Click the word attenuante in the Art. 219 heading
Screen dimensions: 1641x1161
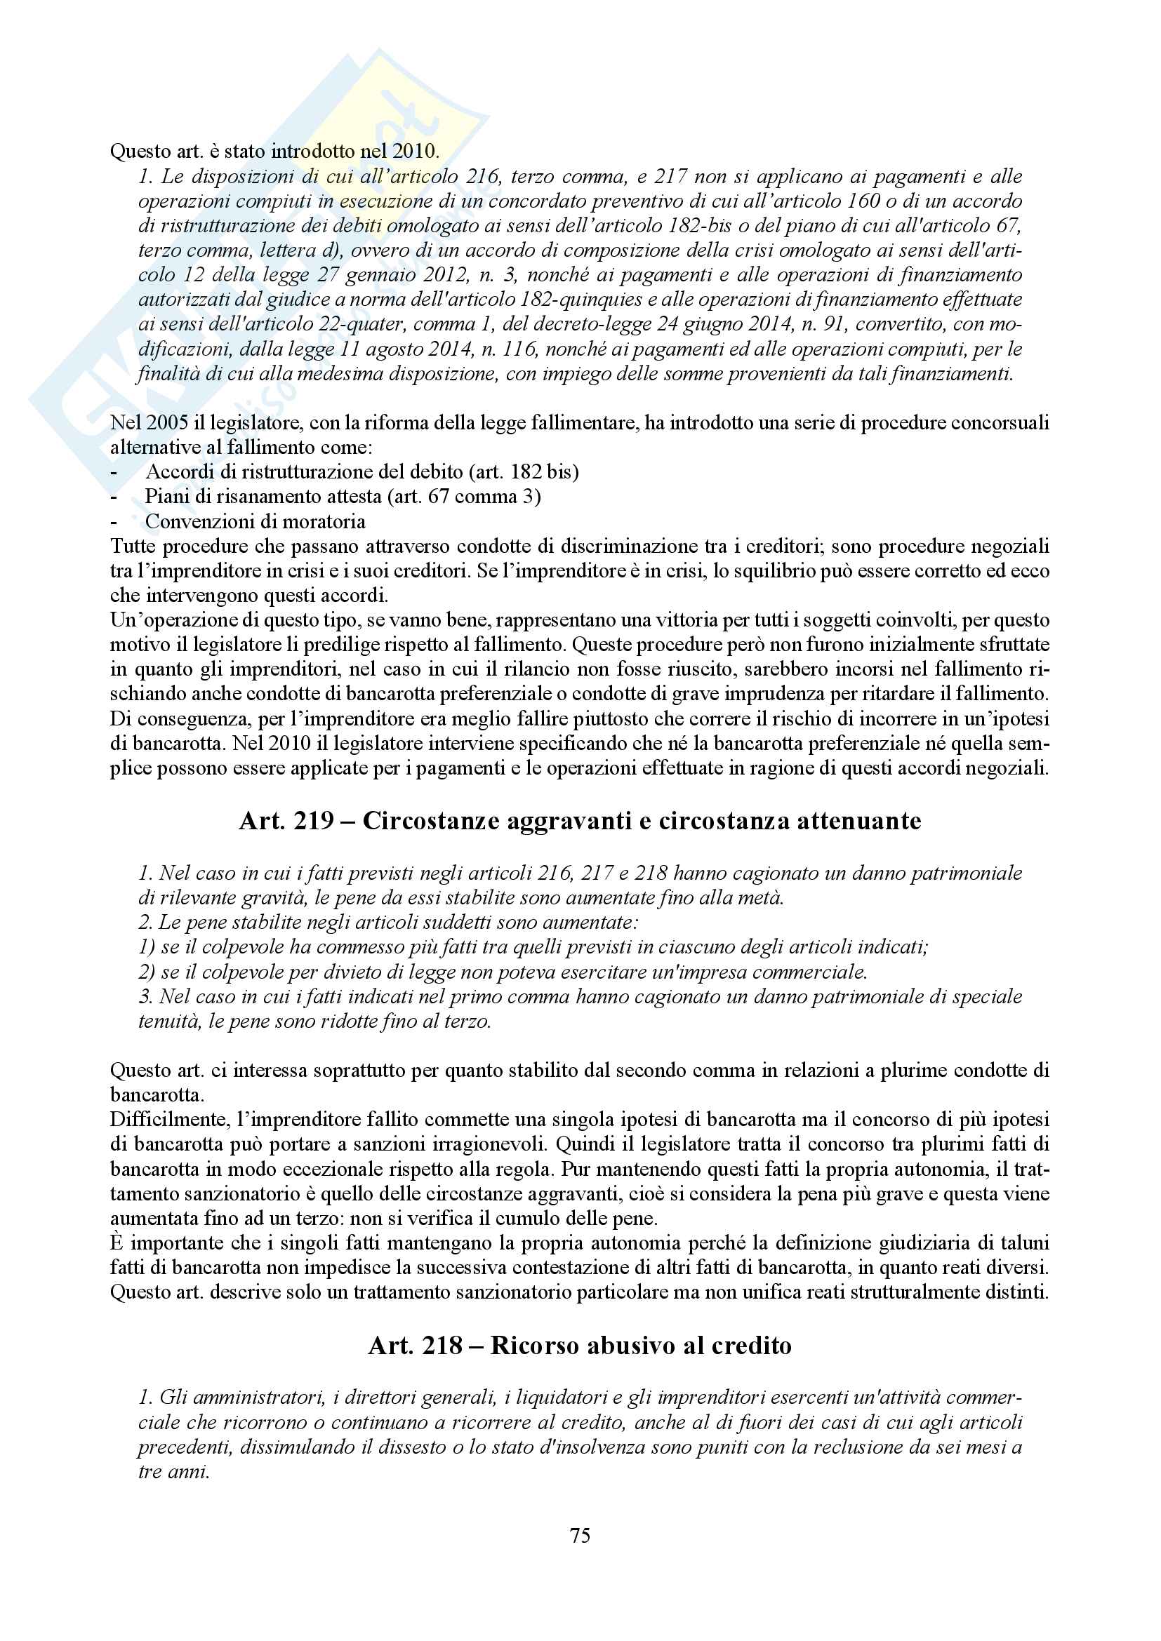(x=858, y=821)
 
